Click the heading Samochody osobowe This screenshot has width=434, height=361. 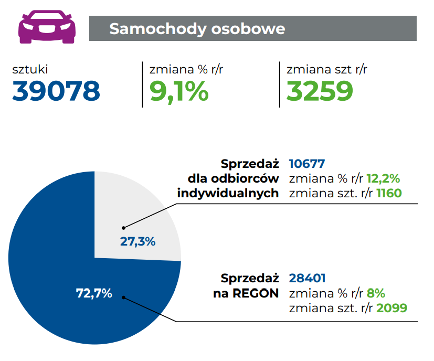point(197,28)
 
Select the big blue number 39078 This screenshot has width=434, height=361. point(56,91)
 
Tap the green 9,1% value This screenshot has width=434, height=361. point(179,91)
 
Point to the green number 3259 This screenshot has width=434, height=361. point(320,91)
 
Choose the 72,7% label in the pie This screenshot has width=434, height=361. point(94,293)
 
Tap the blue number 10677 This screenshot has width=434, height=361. point(308,164)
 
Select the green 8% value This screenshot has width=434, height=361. point(376,293)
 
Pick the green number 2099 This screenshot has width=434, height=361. point(392,307)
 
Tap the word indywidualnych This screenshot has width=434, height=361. point(228,193)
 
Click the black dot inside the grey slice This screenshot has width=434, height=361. point(124,228)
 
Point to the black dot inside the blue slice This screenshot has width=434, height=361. point(124,297)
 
